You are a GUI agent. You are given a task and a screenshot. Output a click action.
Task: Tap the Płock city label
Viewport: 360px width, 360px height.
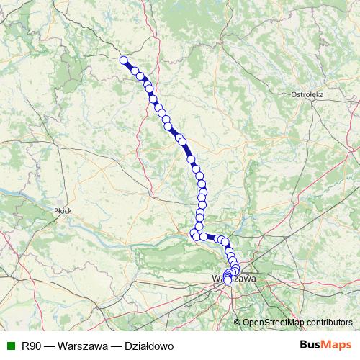click(63, 211)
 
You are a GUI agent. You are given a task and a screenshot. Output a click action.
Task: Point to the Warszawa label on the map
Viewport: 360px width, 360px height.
click(234, 277)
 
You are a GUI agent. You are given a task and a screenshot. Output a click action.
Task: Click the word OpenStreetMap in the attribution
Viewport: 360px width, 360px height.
click(274, 323)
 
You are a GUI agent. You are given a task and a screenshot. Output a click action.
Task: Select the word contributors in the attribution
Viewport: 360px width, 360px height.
click(328, 323)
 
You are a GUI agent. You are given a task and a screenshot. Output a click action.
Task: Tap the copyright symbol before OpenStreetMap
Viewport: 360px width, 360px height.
click(237, 323)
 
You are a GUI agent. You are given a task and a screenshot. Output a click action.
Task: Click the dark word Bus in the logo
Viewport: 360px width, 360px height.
click(311, 346)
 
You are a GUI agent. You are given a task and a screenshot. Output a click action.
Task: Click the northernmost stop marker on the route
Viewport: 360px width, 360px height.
click(123, 60)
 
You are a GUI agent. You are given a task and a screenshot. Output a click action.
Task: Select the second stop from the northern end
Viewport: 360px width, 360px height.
click(135, 70)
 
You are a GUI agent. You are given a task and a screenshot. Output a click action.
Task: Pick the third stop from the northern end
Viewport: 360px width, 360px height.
click(141, 76)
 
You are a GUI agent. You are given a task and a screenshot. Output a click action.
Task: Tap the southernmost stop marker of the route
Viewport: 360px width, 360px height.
click(228, 281)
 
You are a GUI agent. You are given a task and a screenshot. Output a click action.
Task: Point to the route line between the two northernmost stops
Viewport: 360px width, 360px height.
click(129, 65)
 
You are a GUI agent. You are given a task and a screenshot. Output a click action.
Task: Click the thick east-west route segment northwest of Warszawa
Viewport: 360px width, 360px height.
click(210, 237)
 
